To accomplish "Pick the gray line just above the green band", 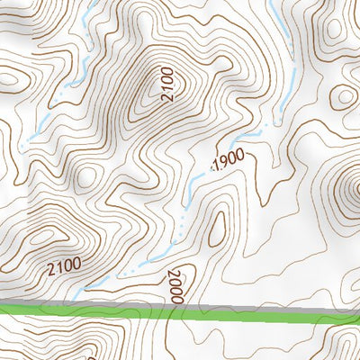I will [90, 303].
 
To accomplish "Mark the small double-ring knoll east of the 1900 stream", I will [344, 96].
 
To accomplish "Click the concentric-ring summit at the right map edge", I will [355, 190].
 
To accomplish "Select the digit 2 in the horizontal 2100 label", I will [52, 269].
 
